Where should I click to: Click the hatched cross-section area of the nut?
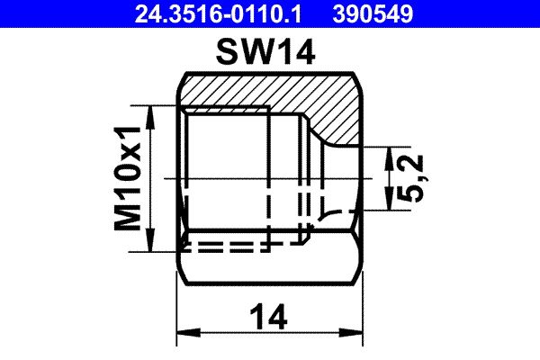(270, 90)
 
